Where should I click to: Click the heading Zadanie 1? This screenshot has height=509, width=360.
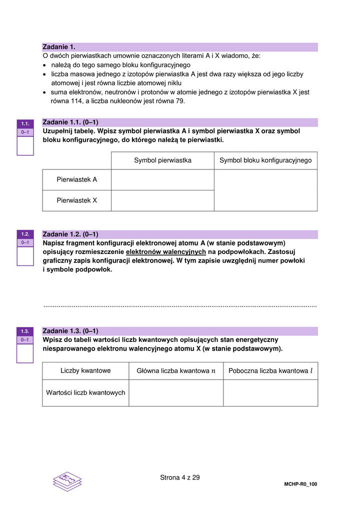[58, 47]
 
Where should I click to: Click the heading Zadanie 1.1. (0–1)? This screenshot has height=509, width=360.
[70, 122]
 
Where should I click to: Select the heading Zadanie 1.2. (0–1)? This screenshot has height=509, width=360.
[70, 234]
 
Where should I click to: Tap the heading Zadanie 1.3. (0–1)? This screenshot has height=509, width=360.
[70, 331]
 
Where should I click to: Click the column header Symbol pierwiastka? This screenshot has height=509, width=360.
[162, 160]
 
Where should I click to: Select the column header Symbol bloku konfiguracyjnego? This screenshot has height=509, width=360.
[265, 160]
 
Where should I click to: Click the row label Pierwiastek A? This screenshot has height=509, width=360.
[76, 179]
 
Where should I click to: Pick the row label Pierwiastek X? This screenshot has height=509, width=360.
[76, 200]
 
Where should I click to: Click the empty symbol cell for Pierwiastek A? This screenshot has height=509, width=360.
[162, 179]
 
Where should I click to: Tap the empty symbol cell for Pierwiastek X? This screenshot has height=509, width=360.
[162, 200]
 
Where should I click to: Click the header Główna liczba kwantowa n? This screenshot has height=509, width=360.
[176, 371]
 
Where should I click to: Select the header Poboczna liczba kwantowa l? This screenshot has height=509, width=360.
[270, 371]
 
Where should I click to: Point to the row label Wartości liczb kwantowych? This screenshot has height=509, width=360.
[85, 393]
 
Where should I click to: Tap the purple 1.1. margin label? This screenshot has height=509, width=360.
[25, 123]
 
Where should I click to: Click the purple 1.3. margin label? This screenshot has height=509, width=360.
[25, 331]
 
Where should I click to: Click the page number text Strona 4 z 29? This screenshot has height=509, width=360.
[179, 477]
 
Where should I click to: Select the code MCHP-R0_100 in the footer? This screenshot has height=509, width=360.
[300, 484]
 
